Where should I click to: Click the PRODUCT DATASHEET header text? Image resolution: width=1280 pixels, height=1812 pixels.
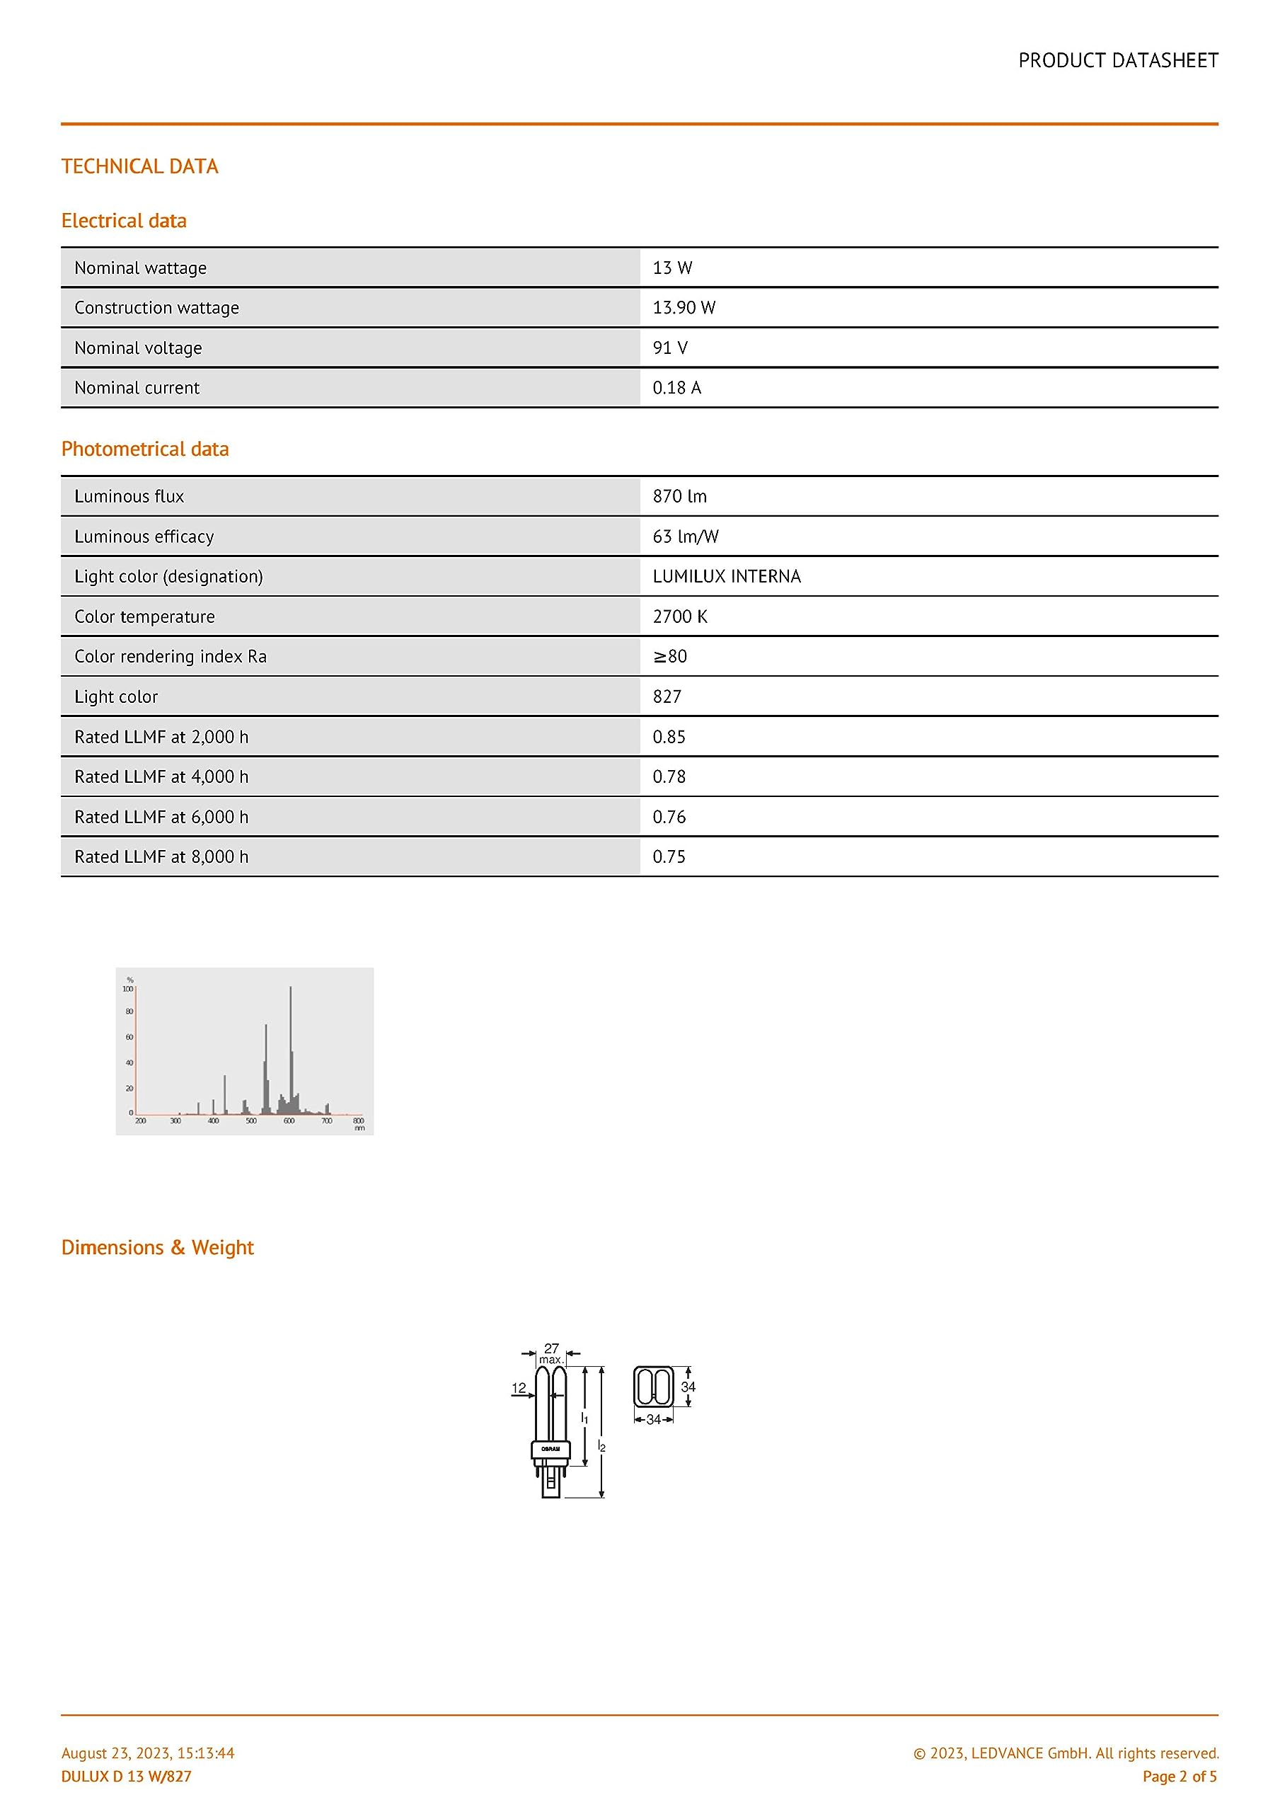tap(1117, 61)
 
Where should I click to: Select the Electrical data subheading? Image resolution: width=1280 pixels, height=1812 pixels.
tap(124, 221)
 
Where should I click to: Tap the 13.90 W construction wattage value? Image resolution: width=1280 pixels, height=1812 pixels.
tap(684, 308)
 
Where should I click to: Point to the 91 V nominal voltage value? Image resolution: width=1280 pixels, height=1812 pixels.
tap(670, 348)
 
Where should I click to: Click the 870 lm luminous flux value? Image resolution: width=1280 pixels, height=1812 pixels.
tap(679, 496)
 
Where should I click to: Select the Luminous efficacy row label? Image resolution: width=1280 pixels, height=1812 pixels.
tap(144, 537)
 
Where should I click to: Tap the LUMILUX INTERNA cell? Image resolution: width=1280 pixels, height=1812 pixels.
tap(726, 577)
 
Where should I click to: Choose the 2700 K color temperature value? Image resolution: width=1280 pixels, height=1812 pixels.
tap(679, 617)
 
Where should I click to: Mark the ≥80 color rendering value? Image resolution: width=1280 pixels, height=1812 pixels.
tap(669, 657)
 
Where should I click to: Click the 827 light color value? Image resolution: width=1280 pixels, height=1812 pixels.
tap(667, 697)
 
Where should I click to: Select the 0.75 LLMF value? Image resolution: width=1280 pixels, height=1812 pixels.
tap(669, 857)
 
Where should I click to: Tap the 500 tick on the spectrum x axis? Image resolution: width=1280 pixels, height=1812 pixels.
tap(251, 1120)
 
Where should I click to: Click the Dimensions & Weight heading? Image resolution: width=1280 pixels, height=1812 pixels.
tap(157, 1248)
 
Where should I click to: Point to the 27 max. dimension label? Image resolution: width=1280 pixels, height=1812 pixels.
tap(550, 1353)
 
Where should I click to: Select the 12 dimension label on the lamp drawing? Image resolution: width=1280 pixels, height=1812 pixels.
tap(519, 1387)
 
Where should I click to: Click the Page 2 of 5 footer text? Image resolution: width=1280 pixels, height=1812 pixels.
tap(1179, 1777)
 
